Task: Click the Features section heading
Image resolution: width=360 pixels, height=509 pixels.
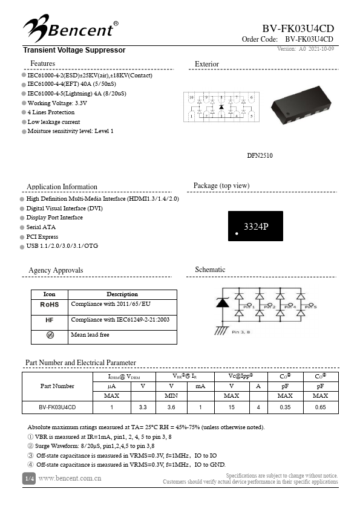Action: tap(42, 63)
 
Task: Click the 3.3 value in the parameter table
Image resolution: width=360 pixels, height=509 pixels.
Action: tap(143, 407)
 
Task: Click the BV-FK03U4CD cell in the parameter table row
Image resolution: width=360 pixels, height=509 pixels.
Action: tap(57, 407)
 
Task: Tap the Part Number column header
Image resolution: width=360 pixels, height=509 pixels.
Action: tap(57, 386)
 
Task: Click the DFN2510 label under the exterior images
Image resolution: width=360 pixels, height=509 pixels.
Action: tap(260, 156)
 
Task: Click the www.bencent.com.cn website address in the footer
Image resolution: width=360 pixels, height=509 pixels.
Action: tap(70, 479)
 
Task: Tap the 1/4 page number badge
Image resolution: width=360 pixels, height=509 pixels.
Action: tap(29, 479)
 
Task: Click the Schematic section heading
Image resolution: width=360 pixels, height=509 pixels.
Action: tap(210, 270)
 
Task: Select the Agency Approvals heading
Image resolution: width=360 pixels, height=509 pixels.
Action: tap(56, 270)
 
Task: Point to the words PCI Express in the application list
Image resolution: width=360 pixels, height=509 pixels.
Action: tap(42, 237)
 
